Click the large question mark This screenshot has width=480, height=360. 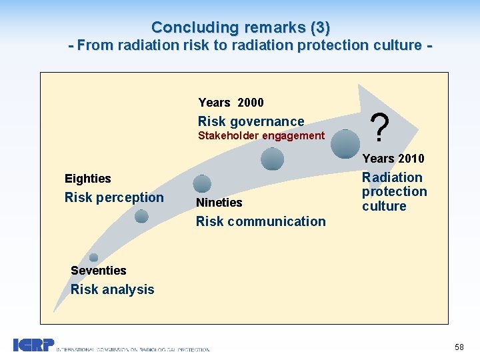coord(379,128)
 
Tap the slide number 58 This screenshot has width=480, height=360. coord(459,347)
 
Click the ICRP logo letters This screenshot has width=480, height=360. coord(33,345)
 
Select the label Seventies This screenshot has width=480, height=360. coord(98,271)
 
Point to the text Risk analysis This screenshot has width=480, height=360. coord(112,289)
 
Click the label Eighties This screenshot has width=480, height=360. coord(87,179)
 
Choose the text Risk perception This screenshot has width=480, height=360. coord(113,197)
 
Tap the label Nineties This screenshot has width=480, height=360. coord(219,203)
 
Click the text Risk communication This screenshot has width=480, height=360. coord(261,221)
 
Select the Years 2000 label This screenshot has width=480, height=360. coord(231,103)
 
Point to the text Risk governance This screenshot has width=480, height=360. coord(251,121)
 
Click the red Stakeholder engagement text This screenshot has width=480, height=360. coord(261,136)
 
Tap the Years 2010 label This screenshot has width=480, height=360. coord(393,159)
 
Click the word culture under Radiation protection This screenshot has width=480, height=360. coord(384,206)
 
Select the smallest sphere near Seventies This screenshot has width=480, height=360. coord(93,257)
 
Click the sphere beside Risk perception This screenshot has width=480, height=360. coord(141,216)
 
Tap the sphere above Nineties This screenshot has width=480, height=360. coord(202,183)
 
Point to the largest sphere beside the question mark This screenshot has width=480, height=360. coord(344,143)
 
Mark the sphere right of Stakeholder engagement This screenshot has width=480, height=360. coord(272,159)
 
